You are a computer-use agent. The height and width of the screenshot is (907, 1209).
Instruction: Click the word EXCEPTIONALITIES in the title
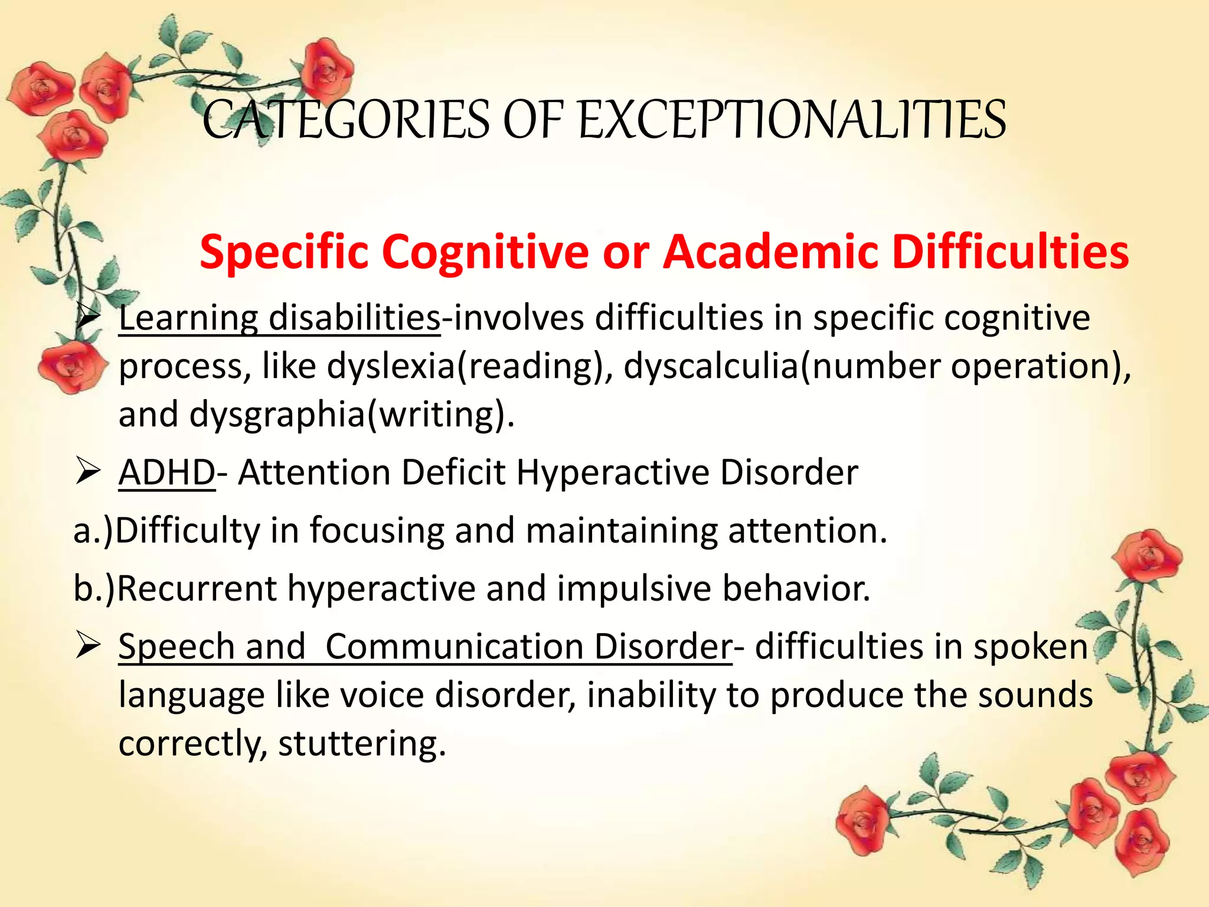792,120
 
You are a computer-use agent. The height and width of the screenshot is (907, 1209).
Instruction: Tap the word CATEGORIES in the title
346,120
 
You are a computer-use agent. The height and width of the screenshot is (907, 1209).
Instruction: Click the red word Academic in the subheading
770,252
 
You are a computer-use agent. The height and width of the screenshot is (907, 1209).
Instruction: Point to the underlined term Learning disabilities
279,318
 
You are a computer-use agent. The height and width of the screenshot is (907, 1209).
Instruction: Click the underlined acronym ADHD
167,473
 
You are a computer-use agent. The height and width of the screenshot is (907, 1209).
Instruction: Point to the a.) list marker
93,531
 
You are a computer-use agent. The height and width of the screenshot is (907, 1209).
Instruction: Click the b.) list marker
94,589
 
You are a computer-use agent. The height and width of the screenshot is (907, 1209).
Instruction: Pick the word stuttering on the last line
361,743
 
